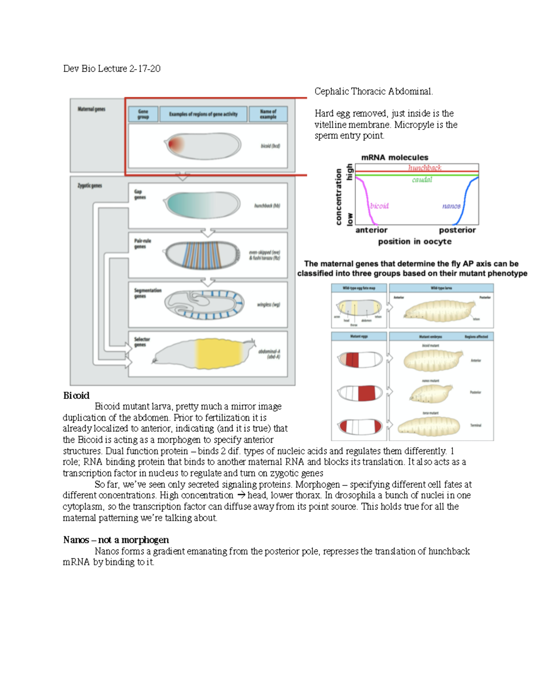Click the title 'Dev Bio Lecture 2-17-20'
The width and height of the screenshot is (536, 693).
(x=112, y=69)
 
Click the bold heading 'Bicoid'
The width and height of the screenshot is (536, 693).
(x=76, y=395)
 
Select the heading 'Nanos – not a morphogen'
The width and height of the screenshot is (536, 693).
(x=116, y=540)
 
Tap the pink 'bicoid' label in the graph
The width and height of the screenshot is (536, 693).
(x=379, y=206)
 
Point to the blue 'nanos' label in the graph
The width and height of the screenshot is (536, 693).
(x=451, y=206)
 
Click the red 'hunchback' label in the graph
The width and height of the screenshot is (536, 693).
(x=424, y=168)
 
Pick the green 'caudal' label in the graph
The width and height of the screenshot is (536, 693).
(x=422, y=180)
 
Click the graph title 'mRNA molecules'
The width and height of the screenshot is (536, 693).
(x=394, y=158)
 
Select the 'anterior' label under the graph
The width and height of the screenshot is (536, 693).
(x=371, y=230)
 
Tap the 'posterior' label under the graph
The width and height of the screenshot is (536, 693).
(x=457, y=230)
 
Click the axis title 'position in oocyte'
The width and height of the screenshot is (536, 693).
(x=415, y=241)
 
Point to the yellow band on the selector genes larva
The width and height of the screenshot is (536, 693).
(x=218, y=353)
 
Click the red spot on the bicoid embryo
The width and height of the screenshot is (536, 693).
(x=176, y=144)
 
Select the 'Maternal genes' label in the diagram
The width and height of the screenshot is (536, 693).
(x=92, y=109)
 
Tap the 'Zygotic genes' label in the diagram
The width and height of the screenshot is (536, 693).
(x=90, y=186)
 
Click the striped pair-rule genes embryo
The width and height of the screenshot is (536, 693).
(x=203, y=255)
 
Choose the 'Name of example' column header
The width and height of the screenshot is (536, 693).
(x=268, y=114)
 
